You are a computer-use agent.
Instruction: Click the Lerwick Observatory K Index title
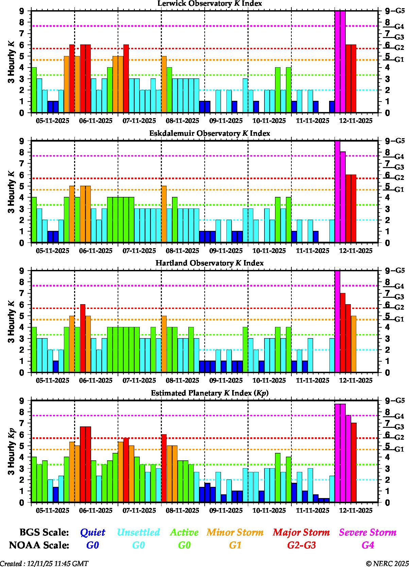click(209, 4)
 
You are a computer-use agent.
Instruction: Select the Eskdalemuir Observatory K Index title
click(209, 133)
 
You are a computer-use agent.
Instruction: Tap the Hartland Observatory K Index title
click(209, 263)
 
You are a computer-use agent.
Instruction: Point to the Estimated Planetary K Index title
click(209, 393)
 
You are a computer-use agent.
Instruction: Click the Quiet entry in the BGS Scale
click(92, 532)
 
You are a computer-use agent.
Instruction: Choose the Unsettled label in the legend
click(138, 532)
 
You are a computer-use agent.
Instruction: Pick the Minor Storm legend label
click(235, 532)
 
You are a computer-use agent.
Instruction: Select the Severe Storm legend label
click(368, 532)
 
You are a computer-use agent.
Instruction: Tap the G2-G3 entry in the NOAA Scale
click(301, 545)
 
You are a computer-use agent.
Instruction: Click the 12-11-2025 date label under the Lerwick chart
click(356, 121)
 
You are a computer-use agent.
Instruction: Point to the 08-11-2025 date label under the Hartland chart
click(183, 381)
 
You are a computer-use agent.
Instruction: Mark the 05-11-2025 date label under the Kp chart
click(52, 511)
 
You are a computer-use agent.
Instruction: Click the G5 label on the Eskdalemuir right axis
click(399, 141)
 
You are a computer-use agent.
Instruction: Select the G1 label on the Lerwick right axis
click(399, 60)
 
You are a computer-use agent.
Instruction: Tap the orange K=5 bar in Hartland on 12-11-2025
click(354, 344)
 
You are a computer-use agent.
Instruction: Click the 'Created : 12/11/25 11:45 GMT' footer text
click(44, 564)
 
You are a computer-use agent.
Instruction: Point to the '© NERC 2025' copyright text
click(387, 564)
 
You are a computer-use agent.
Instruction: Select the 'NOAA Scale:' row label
click(39, 545)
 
